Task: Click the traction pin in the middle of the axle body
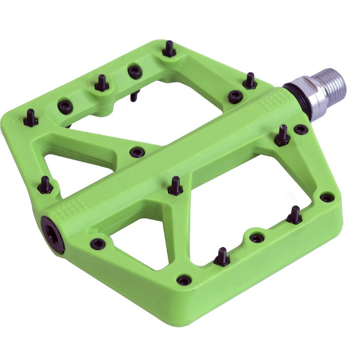(x=175, y=186)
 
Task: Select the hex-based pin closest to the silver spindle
(x=283, y=135)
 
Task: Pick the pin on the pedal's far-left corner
(x=31, y=118)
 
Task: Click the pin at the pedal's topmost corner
(x=169, y=49)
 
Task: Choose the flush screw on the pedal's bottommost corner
(x=184, y=280)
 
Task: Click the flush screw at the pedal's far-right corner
(x=327, y=198)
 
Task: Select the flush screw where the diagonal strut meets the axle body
(x=136, y=153)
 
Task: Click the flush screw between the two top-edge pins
(x=135, y=71)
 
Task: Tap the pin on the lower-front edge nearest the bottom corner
(x=221, y=257)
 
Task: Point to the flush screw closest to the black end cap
(x=98, y=244)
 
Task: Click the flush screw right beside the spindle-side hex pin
(x=301, y=130)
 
